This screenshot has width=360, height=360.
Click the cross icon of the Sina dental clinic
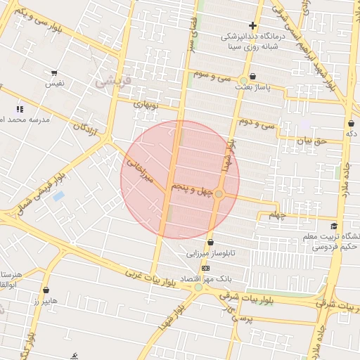tap(252, 26)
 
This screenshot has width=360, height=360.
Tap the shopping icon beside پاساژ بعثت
tap(252, 77)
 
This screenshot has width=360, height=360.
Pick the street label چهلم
tap(278, 216)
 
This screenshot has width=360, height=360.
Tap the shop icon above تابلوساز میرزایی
tap(210, 243)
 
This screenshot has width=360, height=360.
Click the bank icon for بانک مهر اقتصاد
tap(205, 268)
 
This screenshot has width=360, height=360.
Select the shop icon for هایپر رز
tap(46, 290)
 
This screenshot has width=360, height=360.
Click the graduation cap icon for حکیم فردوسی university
tap(333, 226)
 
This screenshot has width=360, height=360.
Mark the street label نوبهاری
tap(148, 105)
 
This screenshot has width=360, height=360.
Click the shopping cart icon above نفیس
tap(54, 72)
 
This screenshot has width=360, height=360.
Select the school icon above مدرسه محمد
tap(20, 109)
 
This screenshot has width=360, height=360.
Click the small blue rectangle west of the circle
tap(58, 195)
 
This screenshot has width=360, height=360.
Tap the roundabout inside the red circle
tap(219, 193)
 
